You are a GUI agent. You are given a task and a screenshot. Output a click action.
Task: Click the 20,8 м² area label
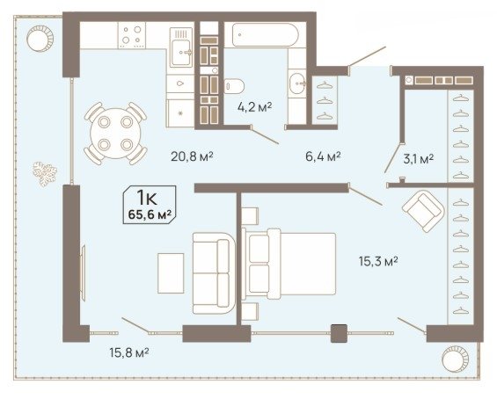pyautogui.click(x=192, y=156)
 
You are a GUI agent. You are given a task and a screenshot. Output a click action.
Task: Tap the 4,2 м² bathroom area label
pyautogui.click(x=254, y=107)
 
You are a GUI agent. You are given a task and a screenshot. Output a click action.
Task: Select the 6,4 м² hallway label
pyautogui.click(x=323, y=156)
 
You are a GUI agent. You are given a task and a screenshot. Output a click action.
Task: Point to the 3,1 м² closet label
pyautogui.click(x=419, y=158)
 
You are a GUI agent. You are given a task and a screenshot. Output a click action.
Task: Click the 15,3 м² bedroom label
pyautogui.click(x=378, y=261)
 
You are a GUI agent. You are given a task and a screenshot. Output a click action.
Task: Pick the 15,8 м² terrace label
pyautogui.click(x=129, y=352)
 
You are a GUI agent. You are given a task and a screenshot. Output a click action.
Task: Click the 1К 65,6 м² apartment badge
pyautogui.click(x=150, y=205)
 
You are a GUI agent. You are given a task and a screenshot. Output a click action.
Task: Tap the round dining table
pyautogui.click(x=115, y=134)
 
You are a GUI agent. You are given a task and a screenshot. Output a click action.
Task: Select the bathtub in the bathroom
pyautogui.click(x=265, y=35)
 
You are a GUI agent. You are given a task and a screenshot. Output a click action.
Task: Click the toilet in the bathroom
pyautogui.click(x=234, y=86)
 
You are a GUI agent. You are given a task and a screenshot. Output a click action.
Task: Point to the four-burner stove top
pyautogui.click(x=132, y=35)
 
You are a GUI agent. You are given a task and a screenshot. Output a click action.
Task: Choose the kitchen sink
pyautogui.click(x=181, y=47)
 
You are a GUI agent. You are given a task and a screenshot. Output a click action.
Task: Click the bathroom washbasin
pyautogui.click(x=297, y=83)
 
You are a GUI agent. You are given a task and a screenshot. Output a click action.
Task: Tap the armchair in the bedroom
pyautogui.click(x=423, y=211)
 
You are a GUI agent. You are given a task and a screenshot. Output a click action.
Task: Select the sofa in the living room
pyautogui.click(x=214, y=273)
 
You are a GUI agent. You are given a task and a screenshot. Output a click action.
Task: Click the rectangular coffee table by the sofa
pyautogui.click(x=171, y=273)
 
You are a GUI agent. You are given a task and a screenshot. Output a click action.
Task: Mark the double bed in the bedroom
pyautogui.click(x=289, y=265)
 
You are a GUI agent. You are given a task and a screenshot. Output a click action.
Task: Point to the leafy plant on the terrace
pyautogui.click(x=45, y=173)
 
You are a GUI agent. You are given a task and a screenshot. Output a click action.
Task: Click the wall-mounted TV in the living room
pyautogui.click(x=83, y=269)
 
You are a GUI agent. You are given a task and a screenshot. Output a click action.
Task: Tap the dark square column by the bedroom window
pyautogui.click(x=339, y=333)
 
